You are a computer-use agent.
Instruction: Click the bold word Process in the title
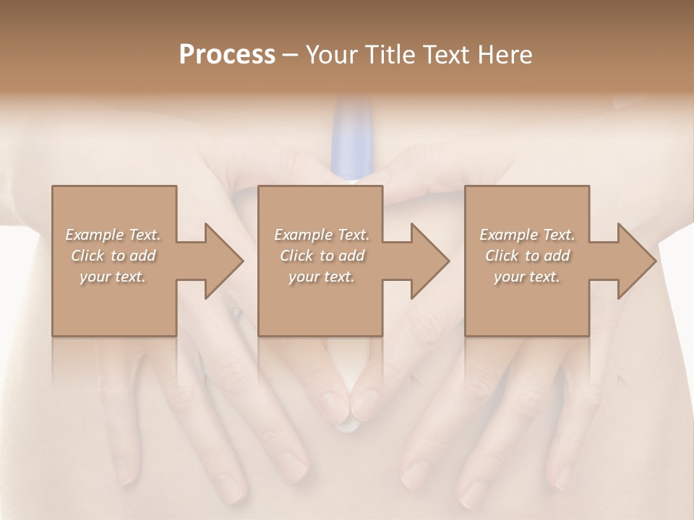[x=227, y=55]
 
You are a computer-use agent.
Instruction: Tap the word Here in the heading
[x=505, y=55]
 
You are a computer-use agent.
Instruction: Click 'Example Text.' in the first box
[x=113, y=235]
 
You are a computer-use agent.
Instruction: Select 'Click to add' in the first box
[x=113, y=256]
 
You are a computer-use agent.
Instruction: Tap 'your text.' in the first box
[x=113, y=277]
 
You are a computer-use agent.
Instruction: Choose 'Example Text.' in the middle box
[x=321, y=235]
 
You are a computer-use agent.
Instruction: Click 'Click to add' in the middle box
[x=321, y=256]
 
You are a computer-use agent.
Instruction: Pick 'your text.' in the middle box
[x=321, y=277]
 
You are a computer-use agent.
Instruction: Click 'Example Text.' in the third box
[x=527, y=235]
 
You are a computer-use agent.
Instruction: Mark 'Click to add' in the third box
[x=527, y=256]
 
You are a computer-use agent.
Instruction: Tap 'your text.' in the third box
[x=527, y=277]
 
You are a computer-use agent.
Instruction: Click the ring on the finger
[x=235, y=313]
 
